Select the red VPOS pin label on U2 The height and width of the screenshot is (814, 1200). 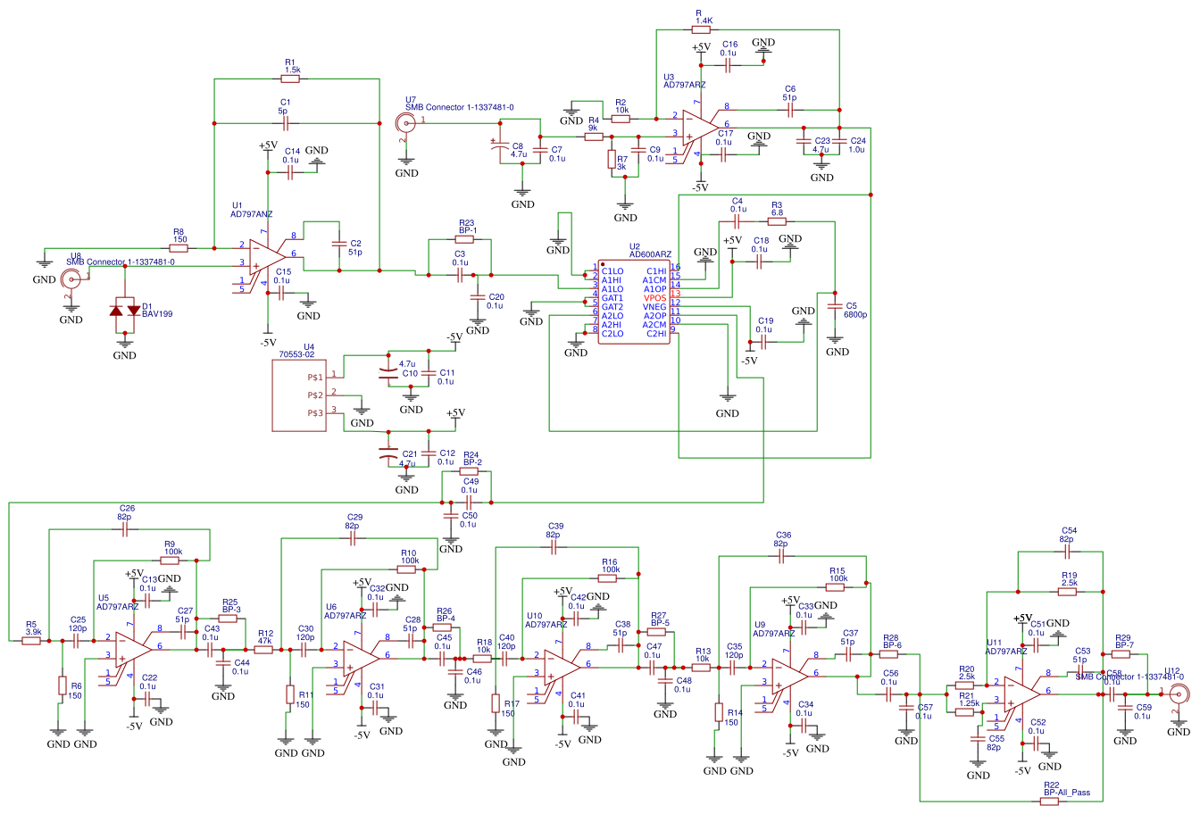(654, 298)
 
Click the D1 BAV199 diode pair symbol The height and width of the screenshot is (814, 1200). (125, 310)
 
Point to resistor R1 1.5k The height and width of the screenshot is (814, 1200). (291, 79)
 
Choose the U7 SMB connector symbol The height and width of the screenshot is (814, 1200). (403, 123)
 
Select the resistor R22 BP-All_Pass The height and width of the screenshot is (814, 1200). (1051, 802)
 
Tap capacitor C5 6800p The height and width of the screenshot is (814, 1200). (835, 306)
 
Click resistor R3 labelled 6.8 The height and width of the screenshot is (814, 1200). (776, 221)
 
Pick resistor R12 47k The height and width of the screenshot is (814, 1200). (263, 650)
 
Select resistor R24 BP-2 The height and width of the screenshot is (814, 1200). (471, 470)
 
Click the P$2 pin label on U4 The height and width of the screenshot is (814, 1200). (314, 395)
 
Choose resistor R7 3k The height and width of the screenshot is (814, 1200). (612, 161)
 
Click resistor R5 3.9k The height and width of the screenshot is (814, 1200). (32, 641)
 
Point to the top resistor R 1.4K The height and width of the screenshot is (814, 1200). (703, 29)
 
